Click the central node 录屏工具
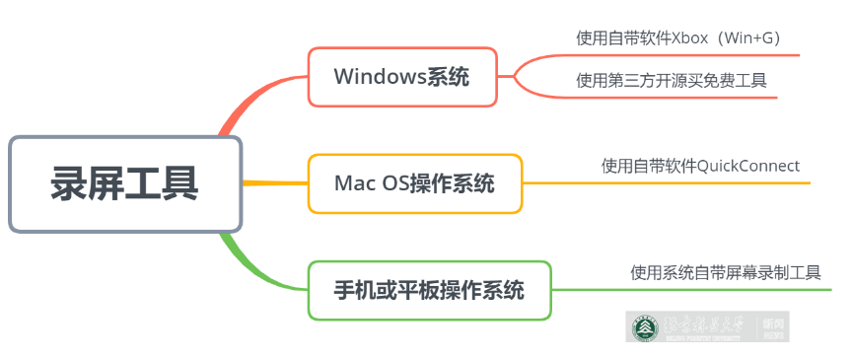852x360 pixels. tap(125, 184)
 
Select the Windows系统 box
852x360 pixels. tap(401, 77)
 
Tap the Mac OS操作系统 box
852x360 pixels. tap(414, 183)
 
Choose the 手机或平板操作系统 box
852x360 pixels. tap(428, 291)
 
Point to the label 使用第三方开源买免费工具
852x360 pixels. tap(672, 81)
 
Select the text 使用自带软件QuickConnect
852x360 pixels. tap(700, 165)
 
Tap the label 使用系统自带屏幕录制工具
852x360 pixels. tap(725, 272)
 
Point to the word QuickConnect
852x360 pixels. tap(748, 165)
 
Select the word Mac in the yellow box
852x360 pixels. tap(351, 183)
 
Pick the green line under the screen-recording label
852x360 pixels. tap(690, 290)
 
